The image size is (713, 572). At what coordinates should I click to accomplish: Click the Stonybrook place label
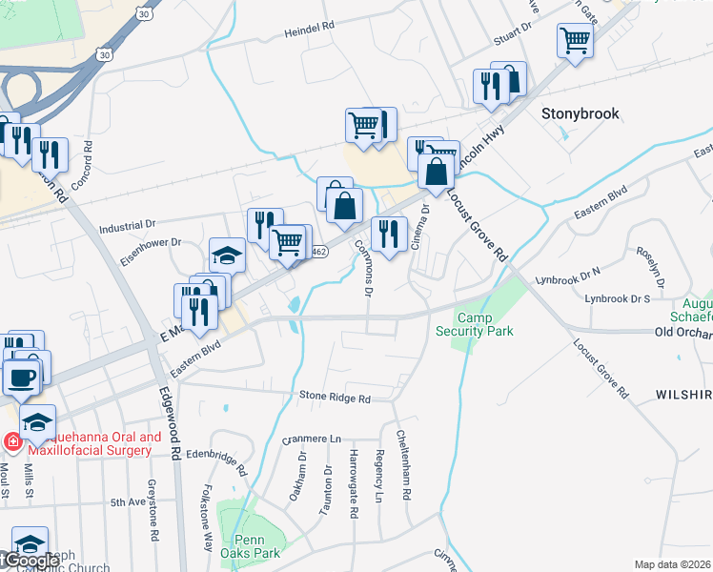[580, 113]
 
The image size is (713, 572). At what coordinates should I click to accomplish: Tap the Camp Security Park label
[474, 324]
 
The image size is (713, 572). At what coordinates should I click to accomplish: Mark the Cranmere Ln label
[312, 439]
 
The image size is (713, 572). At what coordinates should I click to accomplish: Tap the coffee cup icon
[22, 376]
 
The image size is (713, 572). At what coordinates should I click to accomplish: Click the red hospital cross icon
[12, 441]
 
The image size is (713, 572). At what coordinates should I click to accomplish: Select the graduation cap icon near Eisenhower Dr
[227, 255]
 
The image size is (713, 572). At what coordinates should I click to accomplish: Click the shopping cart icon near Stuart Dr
[575, 41]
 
